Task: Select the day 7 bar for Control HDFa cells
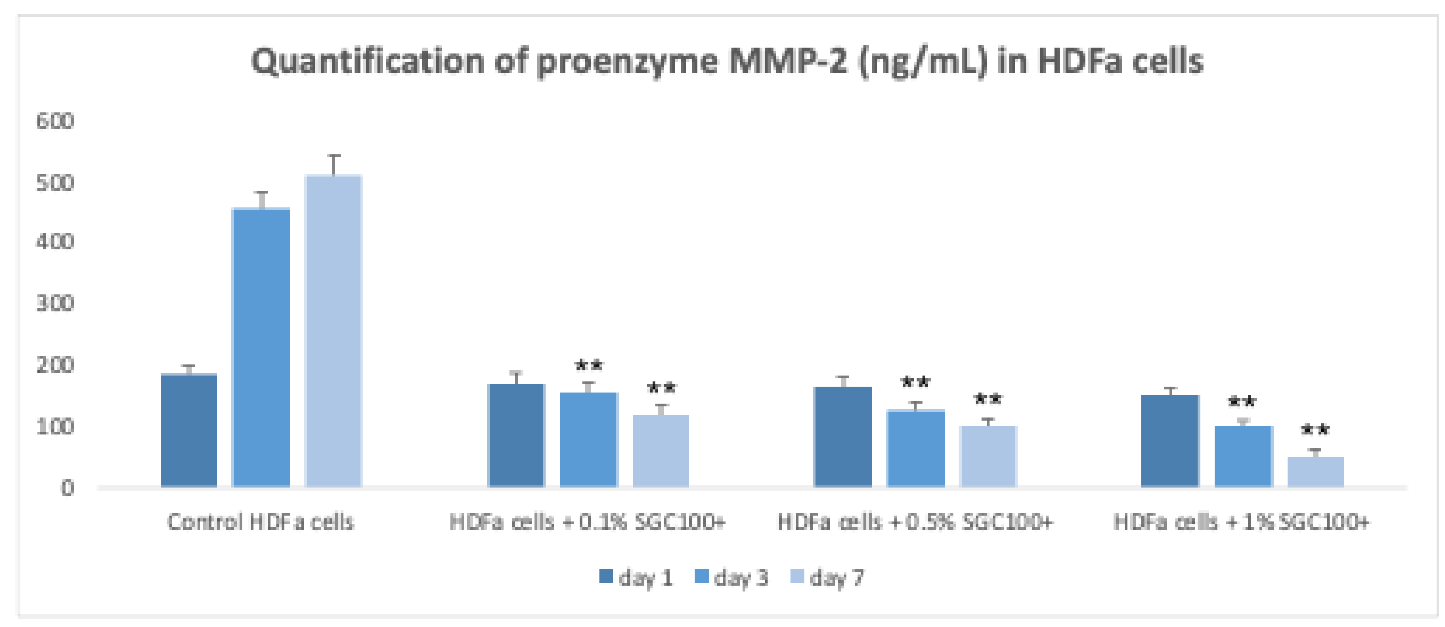pos(334,331)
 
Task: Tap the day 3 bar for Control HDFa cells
pos(261,348)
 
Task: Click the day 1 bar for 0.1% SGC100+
pos(516,435)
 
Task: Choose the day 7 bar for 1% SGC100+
pos(1316,471)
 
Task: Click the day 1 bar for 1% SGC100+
pos(1170,441)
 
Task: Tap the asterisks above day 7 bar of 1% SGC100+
pos(1316,431)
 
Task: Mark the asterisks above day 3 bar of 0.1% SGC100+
pos(588,366)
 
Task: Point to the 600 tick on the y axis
pos(55,121)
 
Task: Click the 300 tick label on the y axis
pos(55,304)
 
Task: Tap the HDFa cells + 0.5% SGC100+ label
pos(915,522)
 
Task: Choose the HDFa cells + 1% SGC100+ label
pos(1241,522)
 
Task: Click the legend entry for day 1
pos(637,577)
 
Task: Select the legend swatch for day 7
pos(797,576)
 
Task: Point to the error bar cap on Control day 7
pos(334,156)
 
